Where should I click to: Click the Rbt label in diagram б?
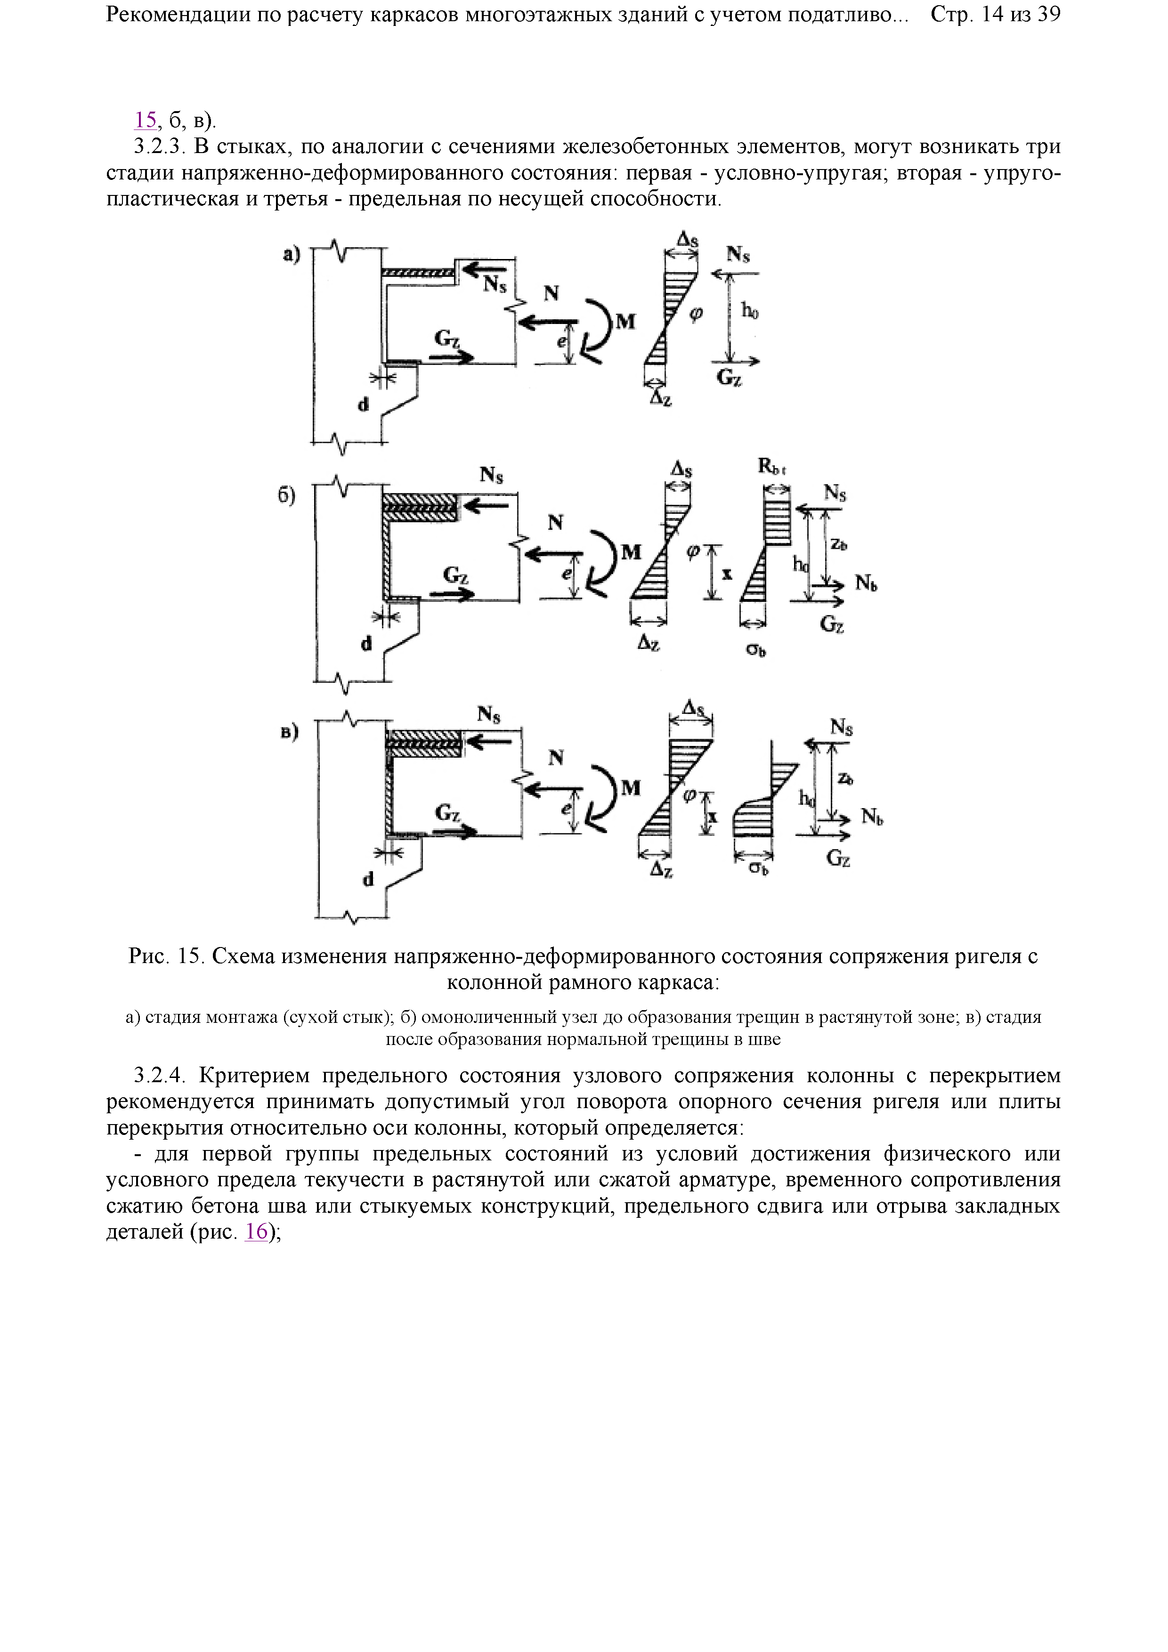tap(772, 467)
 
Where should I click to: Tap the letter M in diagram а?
tap(626, 322)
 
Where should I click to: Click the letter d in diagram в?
tap(368, 879)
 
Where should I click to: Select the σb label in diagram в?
tap(758, 869)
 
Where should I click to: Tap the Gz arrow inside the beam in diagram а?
tap(454, 356)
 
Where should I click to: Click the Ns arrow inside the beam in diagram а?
tap(482, 270)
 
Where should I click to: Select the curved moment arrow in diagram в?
tap(603, 799)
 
